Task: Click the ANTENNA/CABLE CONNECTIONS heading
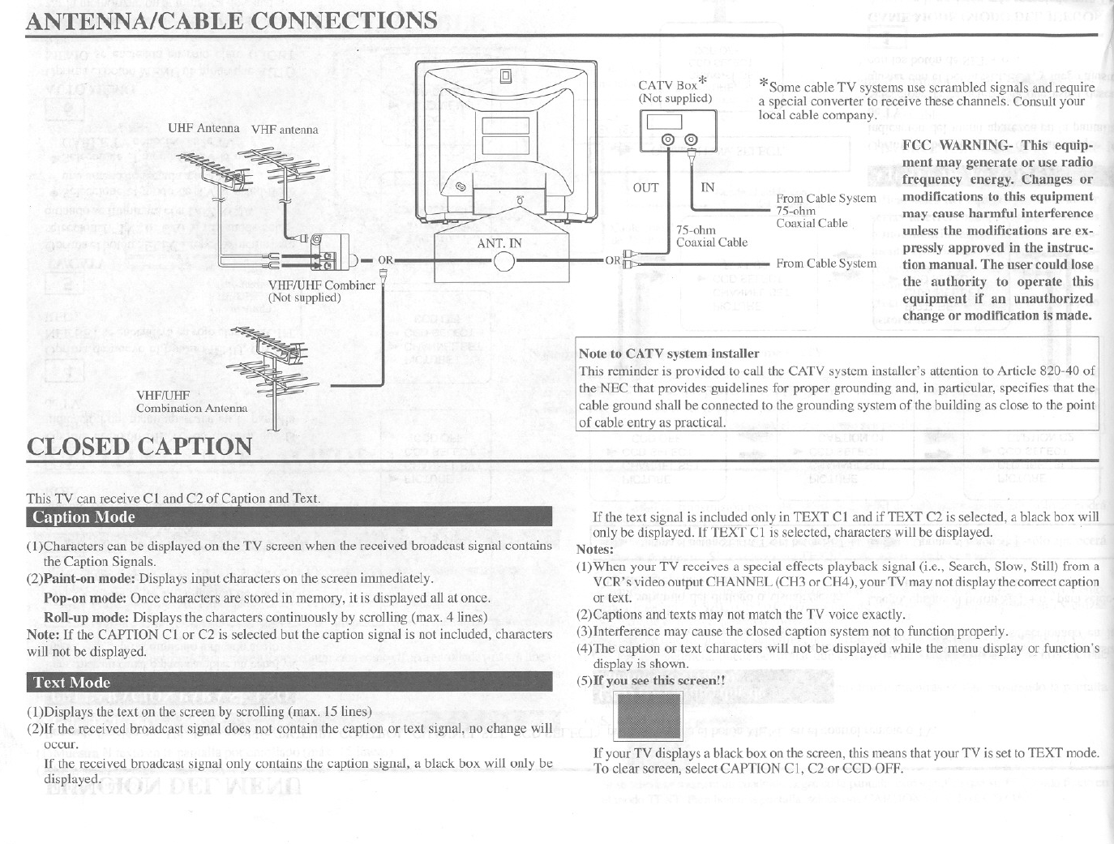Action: [232, 19]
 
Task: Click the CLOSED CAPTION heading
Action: [139, 447]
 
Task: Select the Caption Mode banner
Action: [289, 517]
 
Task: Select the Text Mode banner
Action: [289, 683]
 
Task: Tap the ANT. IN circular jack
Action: [504, 261]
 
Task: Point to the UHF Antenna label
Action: [204, 128]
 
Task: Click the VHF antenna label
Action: [285, 130]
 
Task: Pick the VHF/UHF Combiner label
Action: [322, 285]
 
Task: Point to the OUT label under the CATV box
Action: [645, 187]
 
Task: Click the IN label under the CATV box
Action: [708, 187]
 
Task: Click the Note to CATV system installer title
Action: [669, 353]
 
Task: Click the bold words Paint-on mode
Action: [90, 580]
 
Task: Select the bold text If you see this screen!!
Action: [659, 680]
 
